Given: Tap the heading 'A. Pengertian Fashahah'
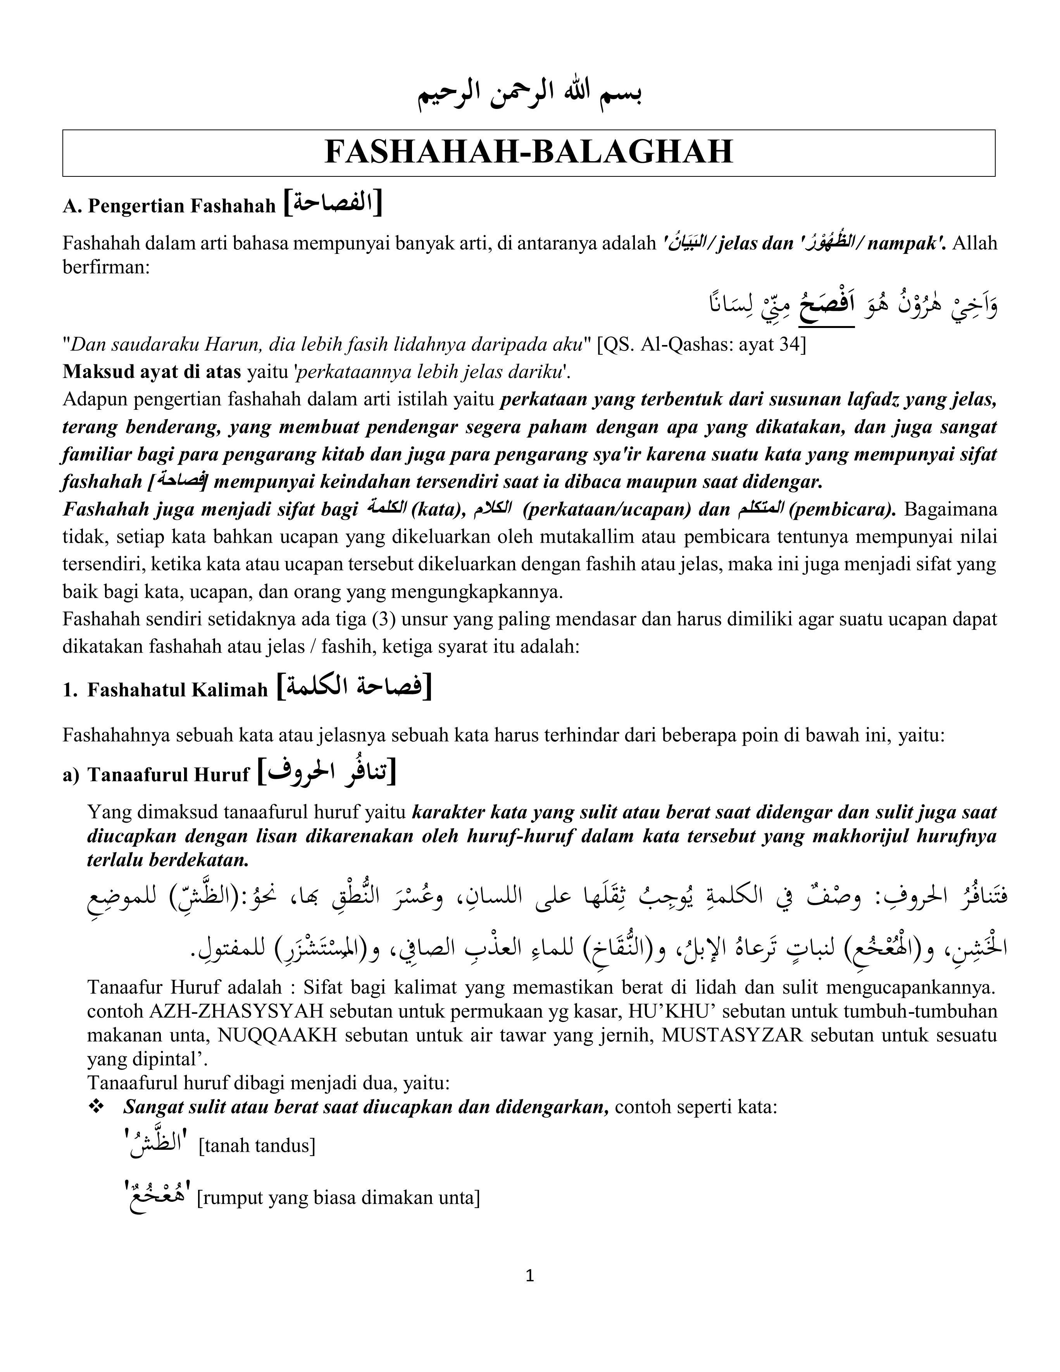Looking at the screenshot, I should click(169, 206).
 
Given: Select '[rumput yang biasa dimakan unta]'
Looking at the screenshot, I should click(338, 1198).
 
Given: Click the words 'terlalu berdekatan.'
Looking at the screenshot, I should click(168, 860).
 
